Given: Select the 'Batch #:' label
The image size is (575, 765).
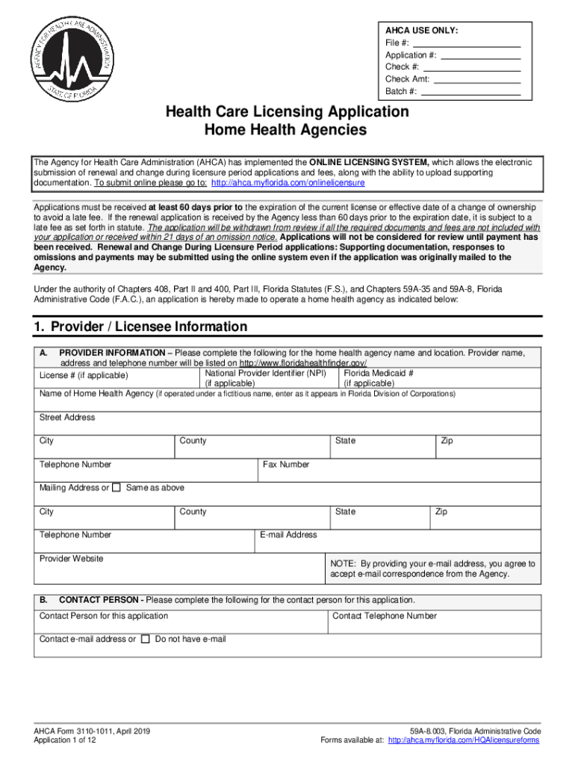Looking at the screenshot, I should click(x=401, y=92).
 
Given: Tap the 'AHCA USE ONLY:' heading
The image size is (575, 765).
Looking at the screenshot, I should click(x=421, y=31).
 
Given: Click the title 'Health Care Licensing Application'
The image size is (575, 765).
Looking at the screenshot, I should click(x=287, y=111).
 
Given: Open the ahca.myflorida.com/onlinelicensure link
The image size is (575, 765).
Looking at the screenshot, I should click(x=288, y=183).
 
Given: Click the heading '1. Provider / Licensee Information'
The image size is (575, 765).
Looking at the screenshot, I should click(x=140, y=326).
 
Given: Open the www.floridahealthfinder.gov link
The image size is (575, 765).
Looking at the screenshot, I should click(x=302, y=362).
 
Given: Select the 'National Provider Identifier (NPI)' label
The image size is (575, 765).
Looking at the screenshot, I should click(x=265, y=372).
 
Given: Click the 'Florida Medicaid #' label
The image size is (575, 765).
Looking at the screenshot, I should click(x=379, y=372).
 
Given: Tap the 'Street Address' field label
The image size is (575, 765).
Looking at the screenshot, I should click(x=67, y=418).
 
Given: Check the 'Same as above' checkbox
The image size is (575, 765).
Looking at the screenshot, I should click(x=116, y=488).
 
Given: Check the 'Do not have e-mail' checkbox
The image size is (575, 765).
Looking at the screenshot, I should click(x=146, y=639).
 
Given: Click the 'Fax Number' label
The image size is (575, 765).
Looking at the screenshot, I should click(x=286, y=465).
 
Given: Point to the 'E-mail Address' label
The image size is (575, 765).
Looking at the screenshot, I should click(x=288, y=535).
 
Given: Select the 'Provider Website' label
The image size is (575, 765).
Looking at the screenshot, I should click(x=71, y=559).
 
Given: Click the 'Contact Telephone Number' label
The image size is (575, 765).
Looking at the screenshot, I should click(x=385, y=616).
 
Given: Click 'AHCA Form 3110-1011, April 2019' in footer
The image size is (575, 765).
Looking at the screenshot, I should click(x=92, y=731).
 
